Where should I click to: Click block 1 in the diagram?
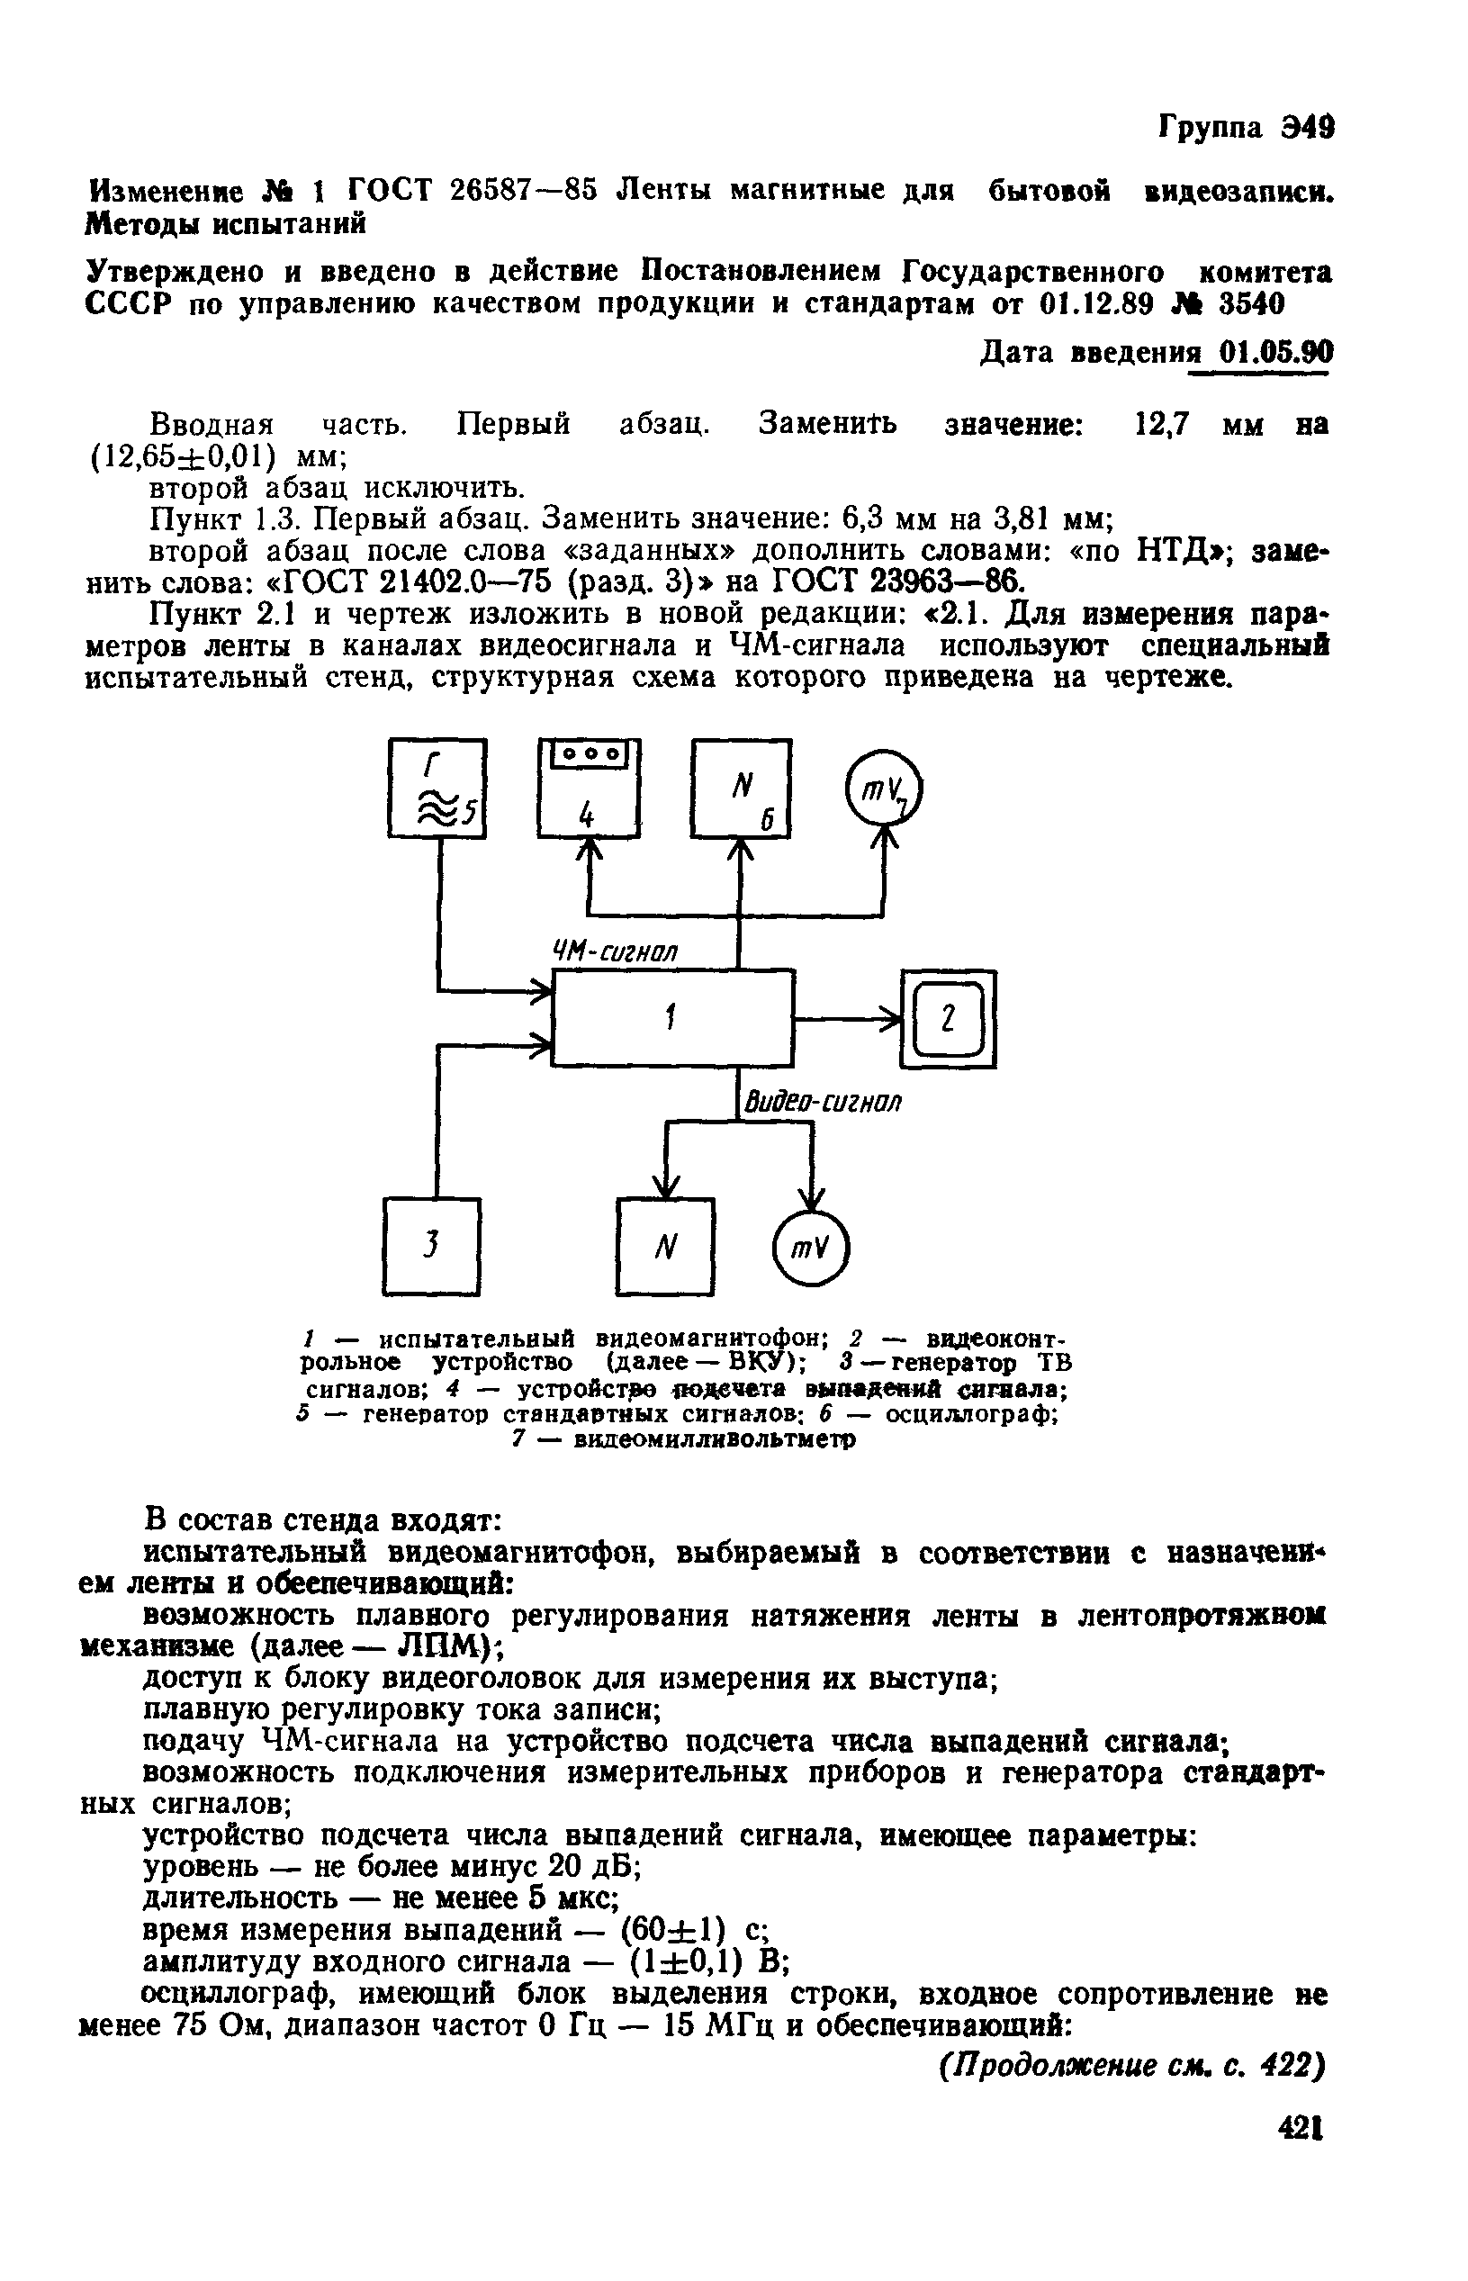(673, 1017)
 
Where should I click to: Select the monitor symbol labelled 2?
(949, 1018)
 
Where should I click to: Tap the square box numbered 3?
(432, 1245)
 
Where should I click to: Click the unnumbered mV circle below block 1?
(810, 1247)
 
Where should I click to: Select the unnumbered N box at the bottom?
(665, 1245)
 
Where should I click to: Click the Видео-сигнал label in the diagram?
(822, 1102)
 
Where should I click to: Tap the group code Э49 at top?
(1307, 126)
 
